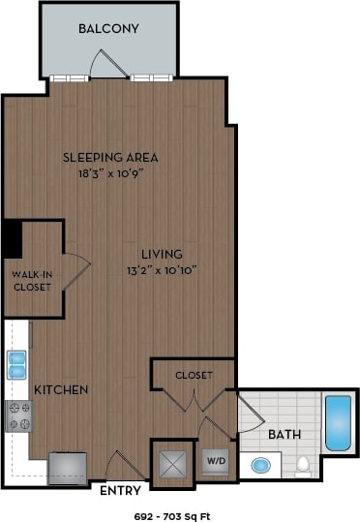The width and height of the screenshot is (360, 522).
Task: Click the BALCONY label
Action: coord(108,29)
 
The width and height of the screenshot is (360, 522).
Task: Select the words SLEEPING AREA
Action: coord(109,157)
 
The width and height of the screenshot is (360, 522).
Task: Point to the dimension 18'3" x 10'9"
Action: coord(109,174)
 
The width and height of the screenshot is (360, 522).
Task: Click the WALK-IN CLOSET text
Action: coord(31,280)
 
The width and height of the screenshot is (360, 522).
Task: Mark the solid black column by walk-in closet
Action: coord(13,239)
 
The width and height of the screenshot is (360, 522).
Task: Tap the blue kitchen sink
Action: coord(17,365)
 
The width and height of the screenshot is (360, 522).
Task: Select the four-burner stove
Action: coord(18,415)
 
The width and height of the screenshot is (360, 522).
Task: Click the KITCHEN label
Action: coord(62,389)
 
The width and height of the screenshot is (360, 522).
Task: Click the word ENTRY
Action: coord(120,491)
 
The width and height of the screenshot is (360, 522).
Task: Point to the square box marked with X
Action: coord(172,463)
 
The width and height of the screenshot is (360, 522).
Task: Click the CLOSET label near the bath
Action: coord(194,375)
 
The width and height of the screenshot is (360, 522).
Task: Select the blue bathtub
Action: coord(338,423)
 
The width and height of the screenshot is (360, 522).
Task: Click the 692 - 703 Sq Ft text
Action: coord(179,514)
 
